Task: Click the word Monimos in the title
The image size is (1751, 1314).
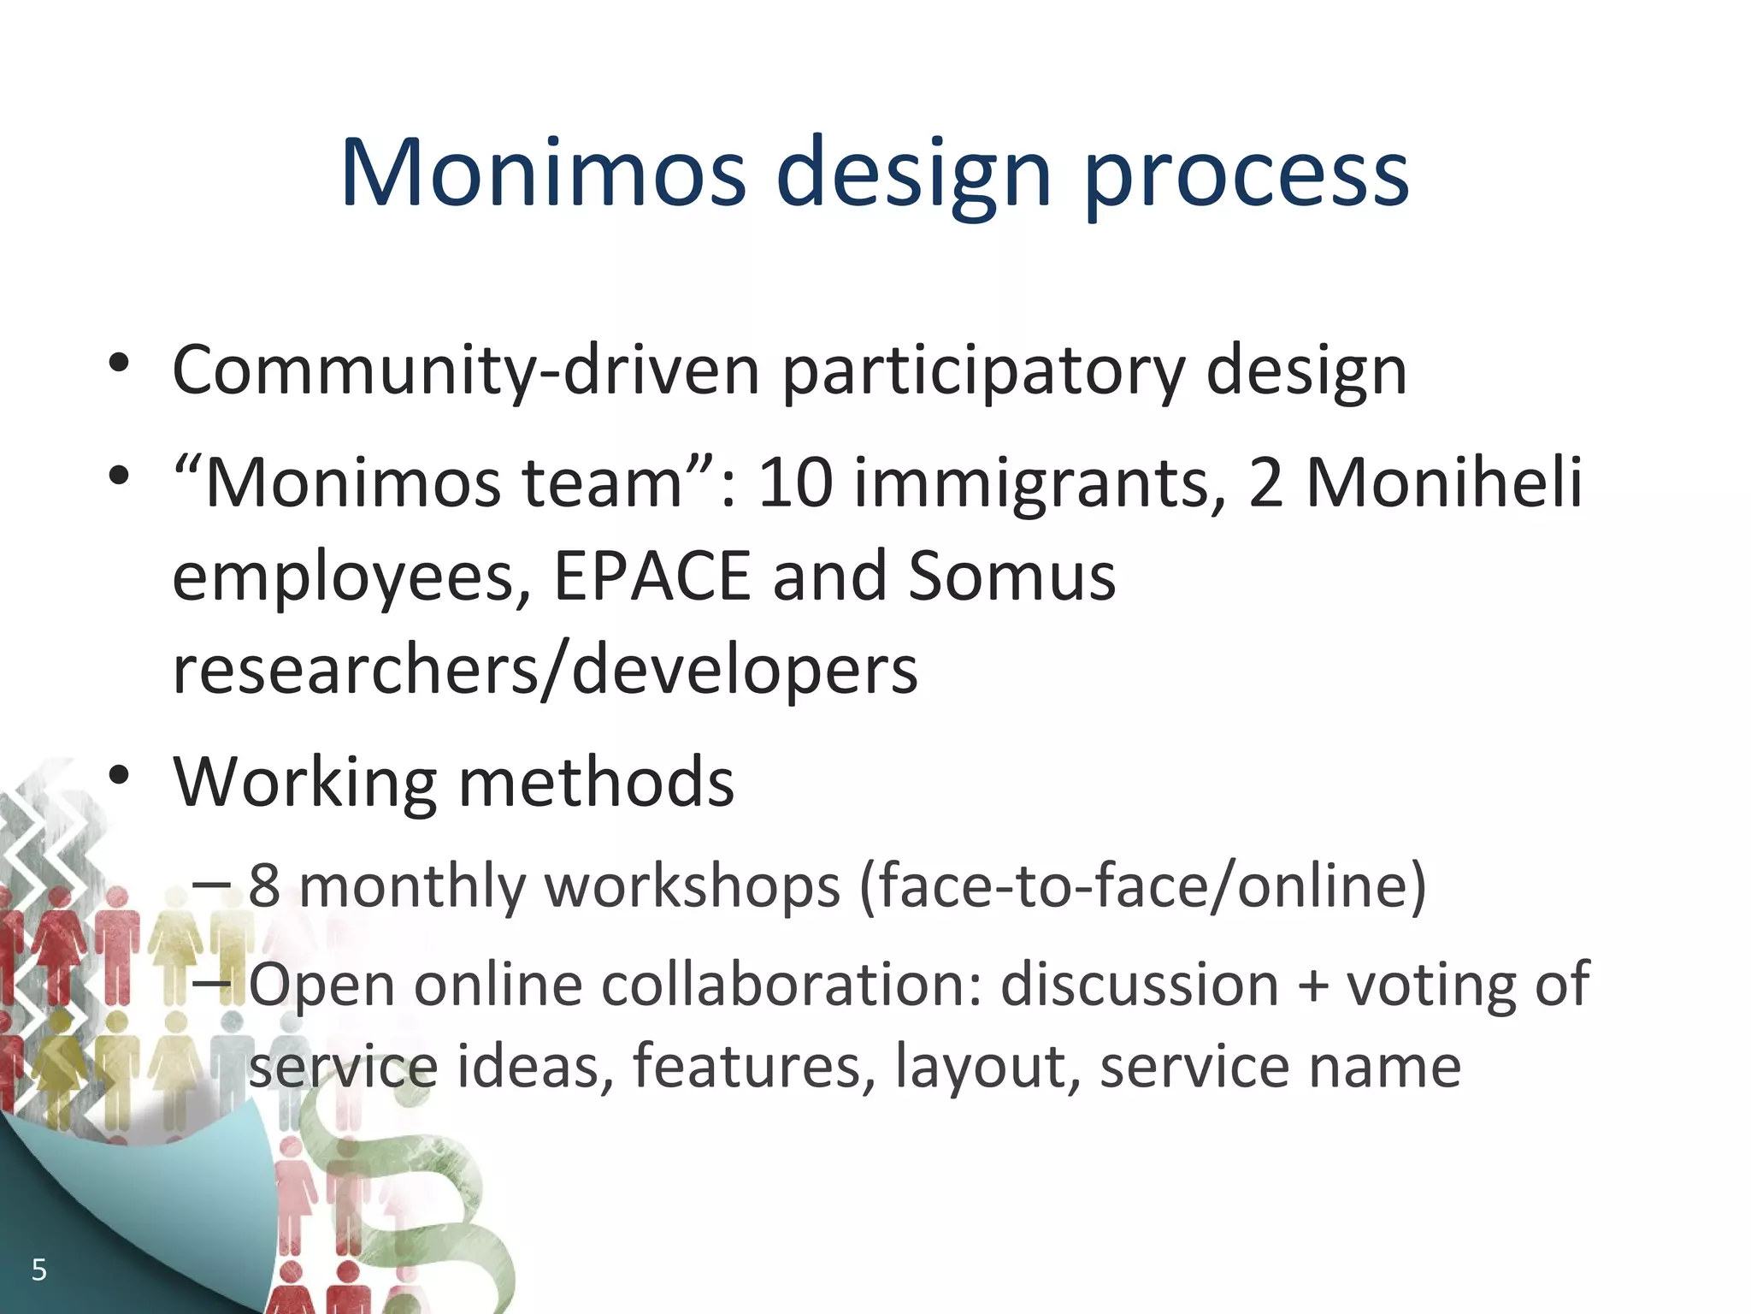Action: [x=543, y=174]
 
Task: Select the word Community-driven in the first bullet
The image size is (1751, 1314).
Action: [x=465, y=370]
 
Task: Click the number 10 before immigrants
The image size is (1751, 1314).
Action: [x=795, y=483]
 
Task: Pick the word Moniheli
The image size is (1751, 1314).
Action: [x=1444, y=483]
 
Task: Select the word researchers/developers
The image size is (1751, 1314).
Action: [x=545, y=670]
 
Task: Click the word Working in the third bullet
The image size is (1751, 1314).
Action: [x=304, y=782]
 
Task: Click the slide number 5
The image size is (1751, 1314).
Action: [x=38, y=1270]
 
